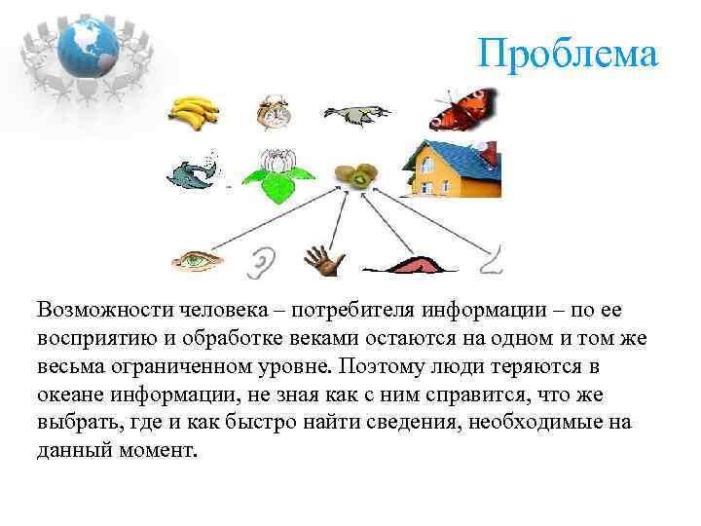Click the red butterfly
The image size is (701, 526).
coord(461,111)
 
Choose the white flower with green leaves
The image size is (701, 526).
coord(278,174)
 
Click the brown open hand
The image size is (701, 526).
coord(323,259)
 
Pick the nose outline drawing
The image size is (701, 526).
coord(493,258)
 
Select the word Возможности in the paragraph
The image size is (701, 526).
coord(105,310)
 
